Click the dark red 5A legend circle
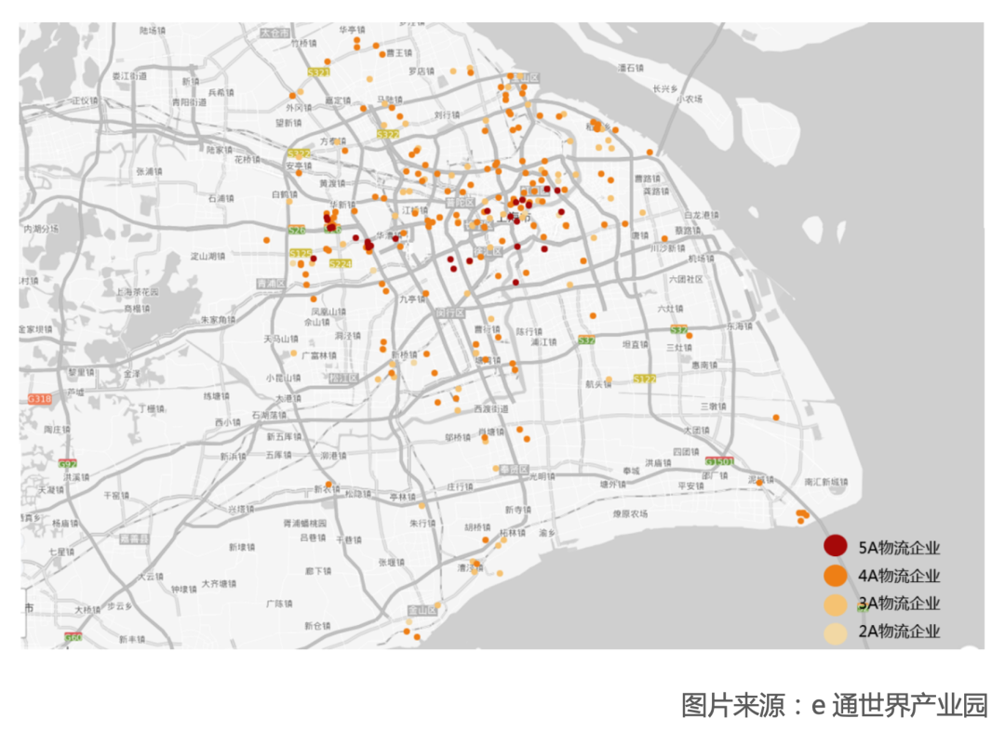tap(835, 546)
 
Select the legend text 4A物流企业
tap(899, 576)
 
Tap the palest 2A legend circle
tap(835, 632)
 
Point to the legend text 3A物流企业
tap(899, 604)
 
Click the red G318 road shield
tap(39, 398)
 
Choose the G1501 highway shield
tap(719, 461)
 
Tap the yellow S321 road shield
tap(318, 72)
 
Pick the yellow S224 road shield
tap(341, 264)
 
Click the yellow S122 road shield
tap(644, 379)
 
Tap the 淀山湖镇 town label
tap(208, 255)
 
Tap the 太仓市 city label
tap(275, 32)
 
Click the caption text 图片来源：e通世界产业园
tap(834, 705)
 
